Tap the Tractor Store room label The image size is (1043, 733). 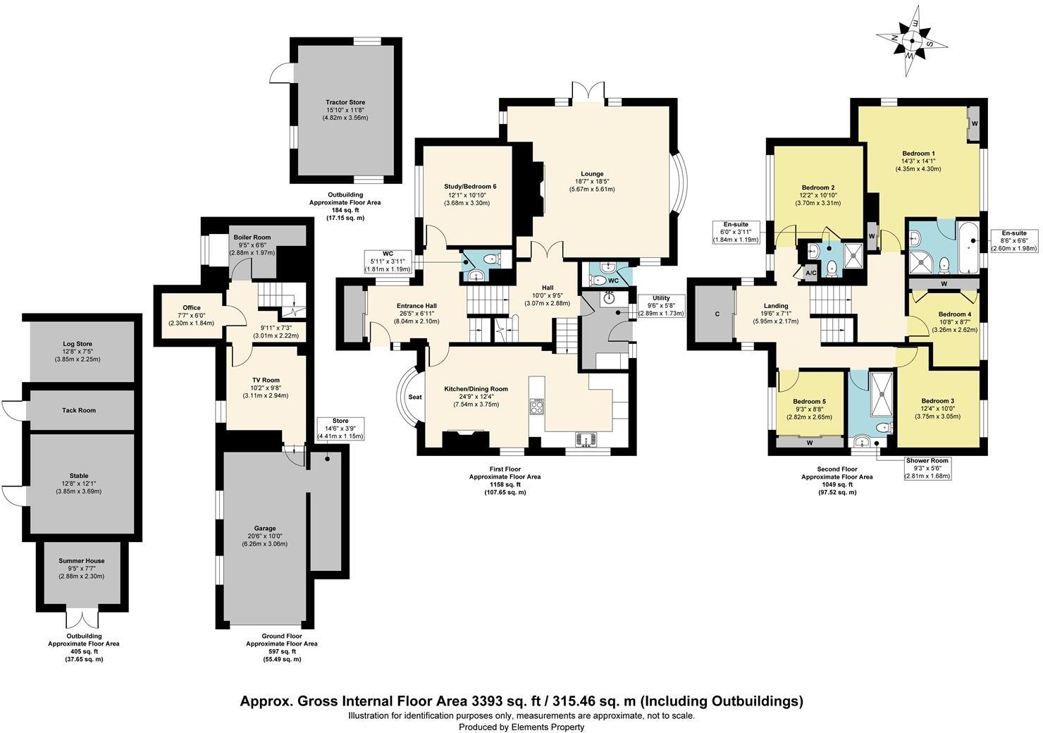point(345,102)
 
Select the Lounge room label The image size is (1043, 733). point(592,174)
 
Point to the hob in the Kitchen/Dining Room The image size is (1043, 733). point(538,406)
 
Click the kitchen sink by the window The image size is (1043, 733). point(586,440)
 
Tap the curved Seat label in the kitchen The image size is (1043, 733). point(415,397)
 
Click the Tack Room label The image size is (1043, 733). point(79,410)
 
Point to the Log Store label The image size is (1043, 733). point(79,344)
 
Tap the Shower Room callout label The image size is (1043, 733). point(927,461)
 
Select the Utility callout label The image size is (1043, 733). point(660,298)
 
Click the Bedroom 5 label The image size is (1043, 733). point(809,401)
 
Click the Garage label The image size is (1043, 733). point(265,528)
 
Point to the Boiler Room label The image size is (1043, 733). point(252,238)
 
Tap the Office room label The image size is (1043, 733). point(191,308)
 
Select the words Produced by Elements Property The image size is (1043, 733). point(521,727)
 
